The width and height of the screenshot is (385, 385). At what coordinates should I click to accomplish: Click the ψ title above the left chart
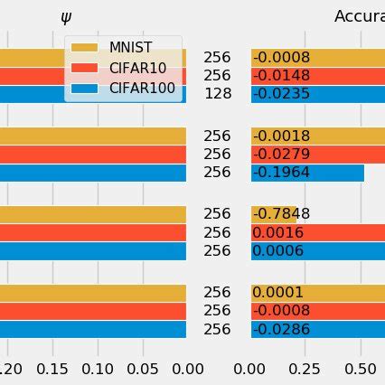[x=65, y=16]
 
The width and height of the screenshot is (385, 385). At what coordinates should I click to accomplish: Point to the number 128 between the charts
[x=217, y=94]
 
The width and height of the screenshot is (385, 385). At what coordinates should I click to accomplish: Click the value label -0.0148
[x=281, y=76]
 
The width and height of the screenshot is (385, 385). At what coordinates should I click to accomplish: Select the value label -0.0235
[x=281, y=94]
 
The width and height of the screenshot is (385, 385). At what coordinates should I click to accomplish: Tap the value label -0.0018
[x=281, y=136]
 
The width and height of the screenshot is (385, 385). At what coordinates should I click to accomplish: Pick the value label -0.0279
[x=281, y=155]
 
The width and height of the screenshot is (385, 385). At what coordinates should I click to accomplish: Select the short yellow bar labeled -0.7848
[x=273, y=214]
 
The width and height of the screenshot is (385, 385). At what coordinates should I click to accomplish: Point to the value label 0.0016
[x=277, y=232]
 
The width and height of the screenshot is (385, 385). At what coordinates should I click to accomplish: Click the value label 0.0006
[x=277, y=251]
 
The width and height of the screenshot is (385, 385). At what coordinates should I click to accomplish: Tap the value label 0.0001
[x=277, y=293]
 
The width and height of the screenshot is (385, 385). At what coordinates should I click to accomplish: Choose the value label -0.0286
[x=281, y=329]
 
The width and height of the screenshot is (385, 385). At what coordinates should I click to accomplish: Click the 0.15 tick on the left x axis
[x=52, y=369]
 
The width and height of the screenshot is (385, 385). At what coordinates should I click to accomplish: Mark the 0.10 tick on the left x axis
[x=98, y=369]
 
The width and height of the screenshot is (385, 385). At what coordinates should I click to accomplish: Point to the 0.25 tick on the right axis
[x=305, y=369]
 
